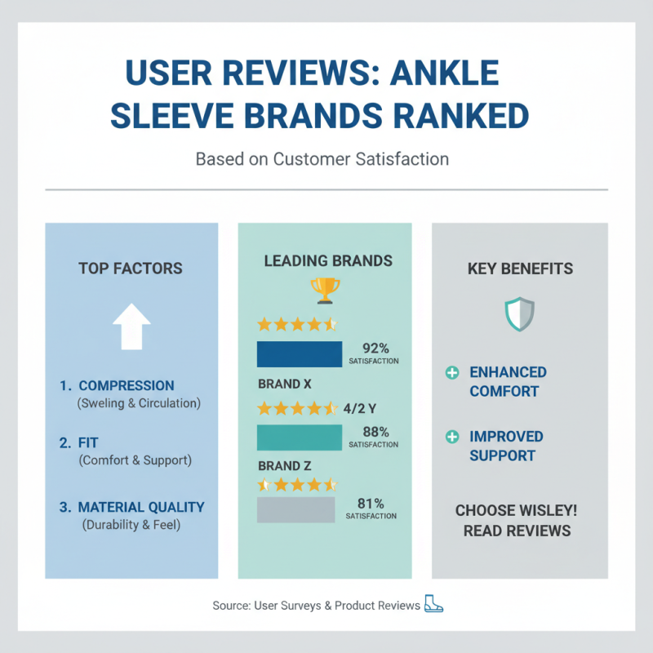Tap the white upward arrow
(x=131, y=327)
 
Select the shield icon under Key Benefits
(x=519, y=313)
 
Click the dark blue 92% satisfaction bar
(x=300, y=354)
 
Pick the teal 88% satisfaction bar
(x=300, y=438)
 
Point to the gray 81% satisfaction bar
(x=295, y=509)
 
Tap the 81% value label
(x=371, y=504)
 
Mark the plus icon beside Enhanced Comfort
(x=451, y=373)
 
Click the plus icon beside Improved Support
(x=451, y=438)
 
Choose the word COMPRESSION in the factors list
(x=127, y=386)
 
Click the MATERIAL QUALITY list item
(x=142, y=507)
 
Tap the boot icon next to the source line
(x=433, y=605)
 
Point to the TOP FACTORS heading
(x=131, y=269)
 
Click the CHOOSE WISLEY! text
(x=516, y=511)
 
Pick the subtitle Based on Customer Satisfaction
(x=322, y=158)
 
